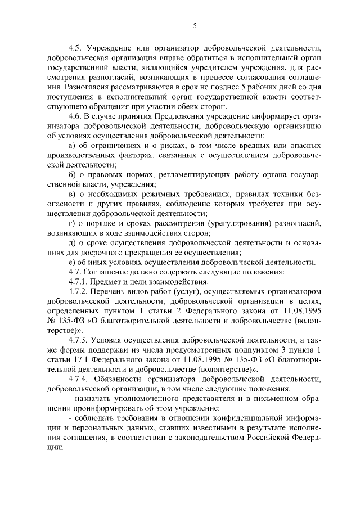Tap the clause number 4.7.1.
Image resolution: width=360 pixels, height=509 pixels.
click(x=78, y=281)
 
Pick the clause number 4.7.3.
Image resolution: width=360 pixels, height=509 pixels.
click(x=78, y=340)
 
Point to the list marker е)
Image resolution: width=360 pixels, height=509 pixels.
click(x=71, y=263)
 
